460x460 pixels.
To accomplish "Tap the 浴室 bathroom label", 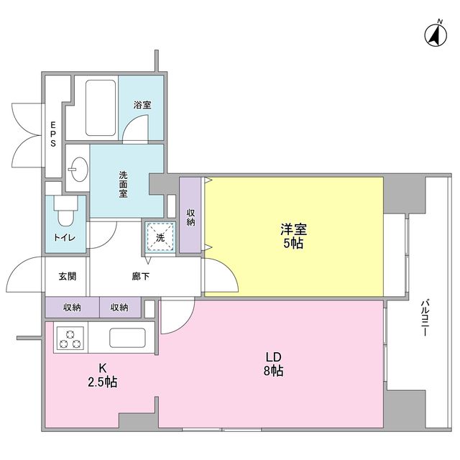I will [x=142, y=105].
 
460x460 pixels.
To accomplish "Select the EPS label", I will [x=53, y=134].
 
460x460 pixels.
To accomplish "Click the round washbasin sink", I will [x=77, y=170].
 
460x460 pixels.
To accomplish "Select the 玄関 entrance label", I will [x=67, y=276].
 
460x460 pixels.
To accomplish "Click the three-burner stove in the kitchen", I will [x=70, y=338].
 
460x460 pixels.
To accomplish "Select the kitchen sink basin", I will [x=127, y=337].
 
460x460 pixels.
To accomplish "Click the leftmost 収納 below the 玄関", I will [x=72, y=308].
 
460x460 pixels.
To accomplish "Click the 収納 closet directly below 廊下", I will [x=119, y=308].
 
